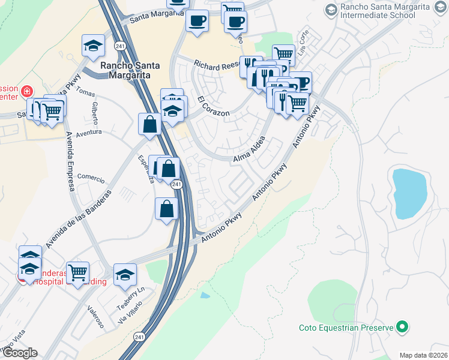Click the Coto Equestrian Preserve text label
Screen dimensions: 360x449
pyautogui.click(x=346, y=328)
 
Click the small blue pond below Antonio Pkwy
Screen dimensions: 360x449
pyautogui.click(x=205, y=295)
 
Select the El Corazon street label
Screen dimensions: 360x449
pyautogui.click(x=211, y=106)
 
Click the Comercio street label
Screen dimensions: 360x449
pyautogui.click(x=91, y=178)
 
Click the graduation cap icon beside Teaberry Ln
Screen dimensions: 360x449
pyautogui.click(x=125, y=274)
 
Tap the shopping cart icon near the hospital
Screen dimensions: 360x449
pyautogui.click(x=77, y=273)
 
